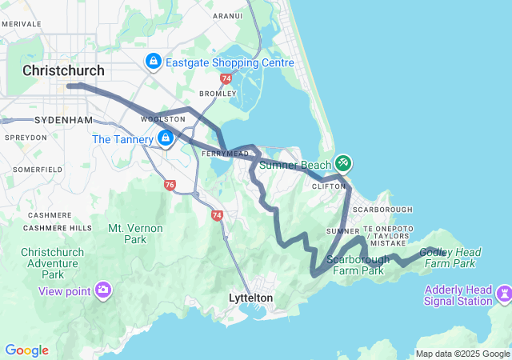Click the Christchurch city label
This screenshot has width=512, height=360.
pos(64,70)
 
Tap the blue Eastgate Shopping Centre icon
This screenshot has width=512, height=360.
pos(153,61)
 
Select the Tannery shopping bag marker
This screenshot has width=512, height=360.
pos(166,138)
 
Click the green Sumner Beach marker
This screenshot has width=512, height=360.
pos(343,163)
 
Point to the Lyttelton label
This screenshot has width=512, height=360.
pos(251,298)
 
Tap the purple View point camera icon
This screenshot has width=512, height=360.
pos(103,290)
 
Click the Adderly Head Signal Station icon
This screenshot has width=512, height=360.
pos(503,294)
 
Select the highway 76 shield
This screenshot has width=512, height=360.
pos(170,185)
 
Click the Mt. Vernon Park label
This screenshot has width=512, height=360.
pos(127,234)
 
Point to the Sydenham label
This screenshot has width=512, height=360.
pos(64,120)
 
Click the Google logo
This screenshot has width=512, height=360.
pos(26,350)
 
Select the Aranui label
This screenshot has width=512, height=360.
pos(227,15)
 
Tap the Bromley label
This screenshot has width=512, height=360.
pos(218,94)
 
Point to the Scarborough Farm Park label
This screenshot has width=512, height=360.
pos(358,265)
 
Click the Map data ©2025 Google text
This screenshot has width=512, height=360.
pos(462,354)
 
